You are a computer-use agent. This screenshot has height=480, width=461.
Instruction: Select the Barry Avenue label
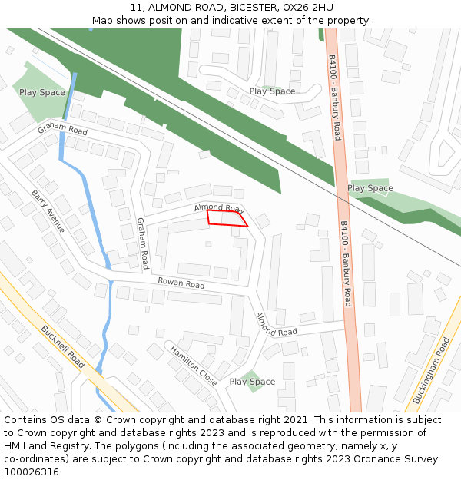click(48, 211)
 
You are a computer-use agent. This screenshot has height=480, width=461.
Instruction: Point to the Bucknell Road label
click(63, 347)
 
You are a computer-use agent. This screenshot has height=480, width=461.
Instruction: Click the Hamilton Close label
click(194, 364)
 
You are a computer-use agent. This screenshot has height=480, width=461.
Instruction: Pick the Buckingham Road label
click(431, 370)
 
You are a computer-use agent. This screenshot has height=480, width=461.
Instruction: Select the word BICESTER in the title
click(253, 7)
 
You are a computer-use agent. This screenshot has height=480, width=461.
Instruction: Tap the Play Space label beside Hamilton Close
click(252, 382)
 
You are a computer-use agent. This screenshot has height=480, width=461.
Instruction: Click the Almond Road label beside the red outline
click(218, 208)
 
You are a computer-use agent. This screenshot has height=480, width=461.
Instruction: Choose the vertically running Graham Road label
click(142, 243)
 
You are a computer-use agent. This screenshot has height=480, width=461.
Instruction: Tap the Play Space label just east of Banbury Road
click(370, 188)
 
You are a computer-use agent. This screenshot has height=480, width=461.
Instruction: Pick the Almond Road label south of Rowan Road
click(277, 324)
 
